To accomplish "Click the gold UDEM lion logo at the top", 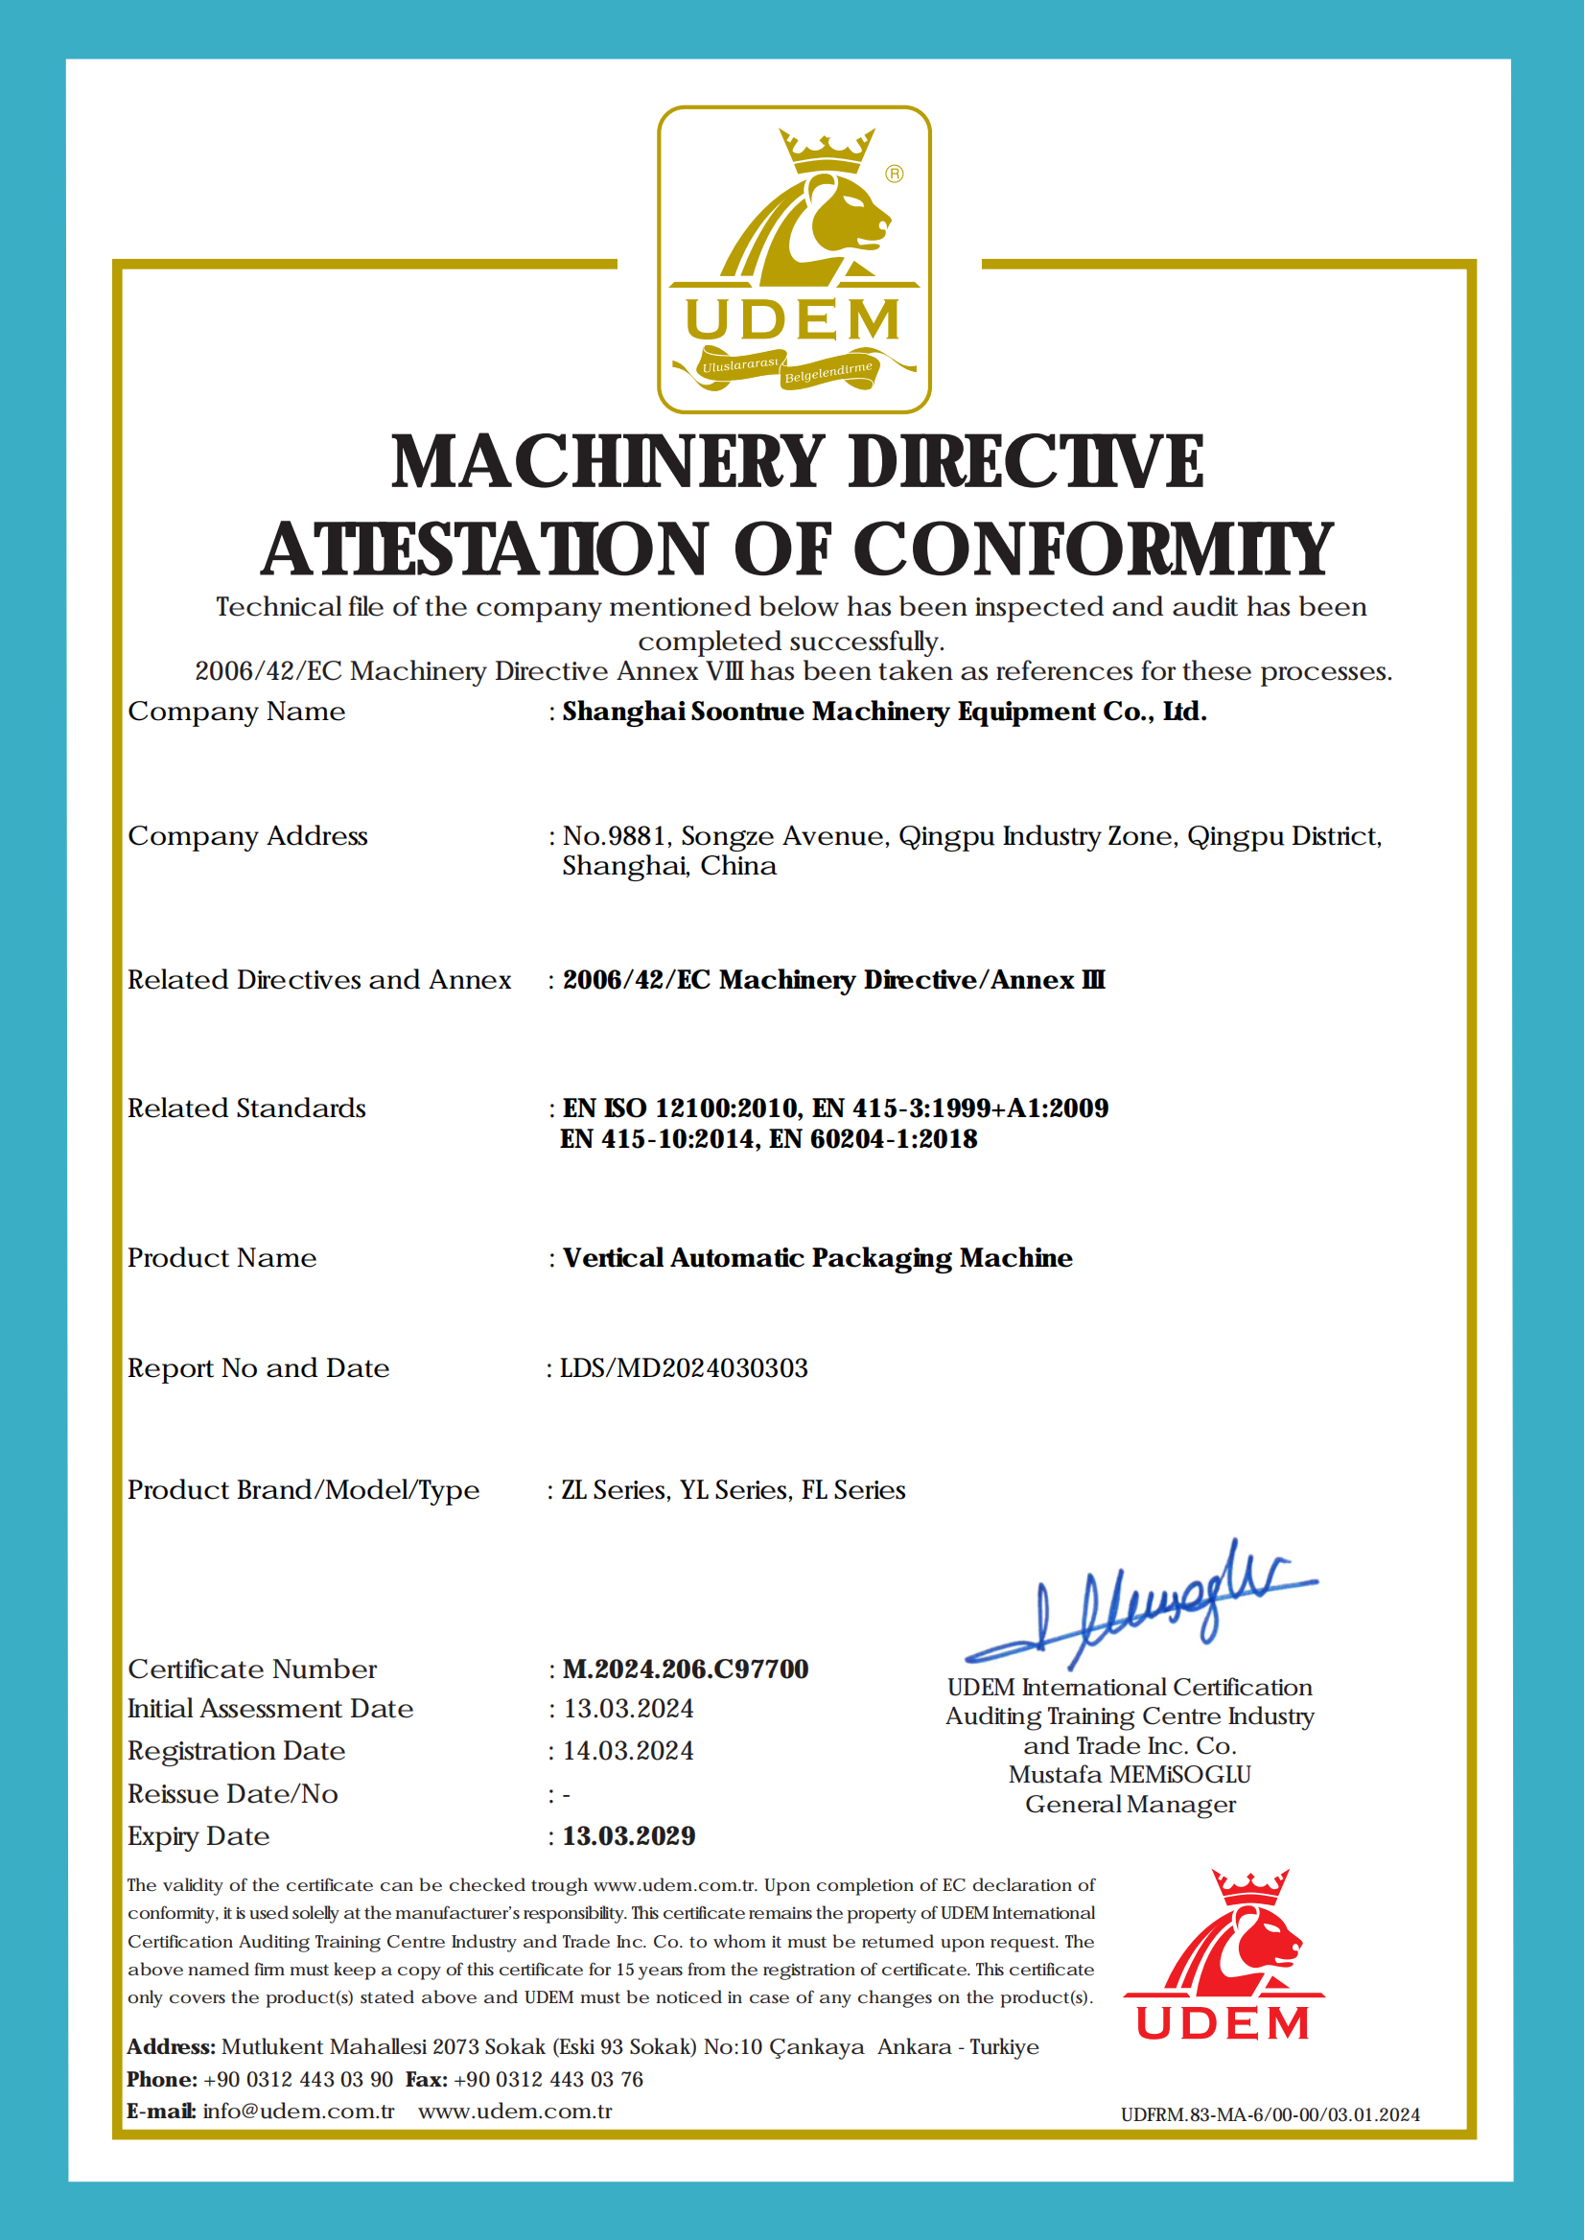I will click(x=794, y=260).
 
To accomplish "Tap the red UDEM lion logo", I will click(x=1223, y=1956).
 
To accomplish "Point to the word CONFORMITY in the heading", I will click(x=1093, y=548).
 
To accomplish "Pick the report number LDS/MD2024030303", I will click(x=683, y=1368).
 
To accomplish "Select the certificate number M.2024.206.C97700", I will click(x=686, y=1669).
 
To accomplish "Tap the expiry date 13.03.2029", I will click(x=629, y=1836).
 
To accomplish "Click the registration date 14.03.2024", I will click(x=629, y=1751).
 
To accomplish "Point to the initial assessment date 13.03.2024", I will click(x=629, y=1709).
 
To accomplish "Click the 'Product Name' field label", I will click(x=222, y=1258).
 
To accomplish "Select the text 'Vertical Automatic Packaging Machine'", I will click(x=817, y=1258).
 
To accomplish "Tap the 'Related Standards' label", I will click(x=247, y=1108).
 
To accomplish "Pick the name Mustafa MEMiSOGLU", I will click(x=1130, y=1774).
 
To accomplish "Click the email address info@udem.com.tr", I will click(x=298, y=2112).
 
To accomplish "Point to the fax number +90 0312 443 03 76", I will click(x=548, y=2080).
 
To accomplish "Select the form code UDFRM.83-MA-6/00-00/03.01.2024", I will click(x=1270, y=2115).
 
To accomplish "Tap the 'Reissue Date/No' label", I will click(x=233, y=1794).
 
